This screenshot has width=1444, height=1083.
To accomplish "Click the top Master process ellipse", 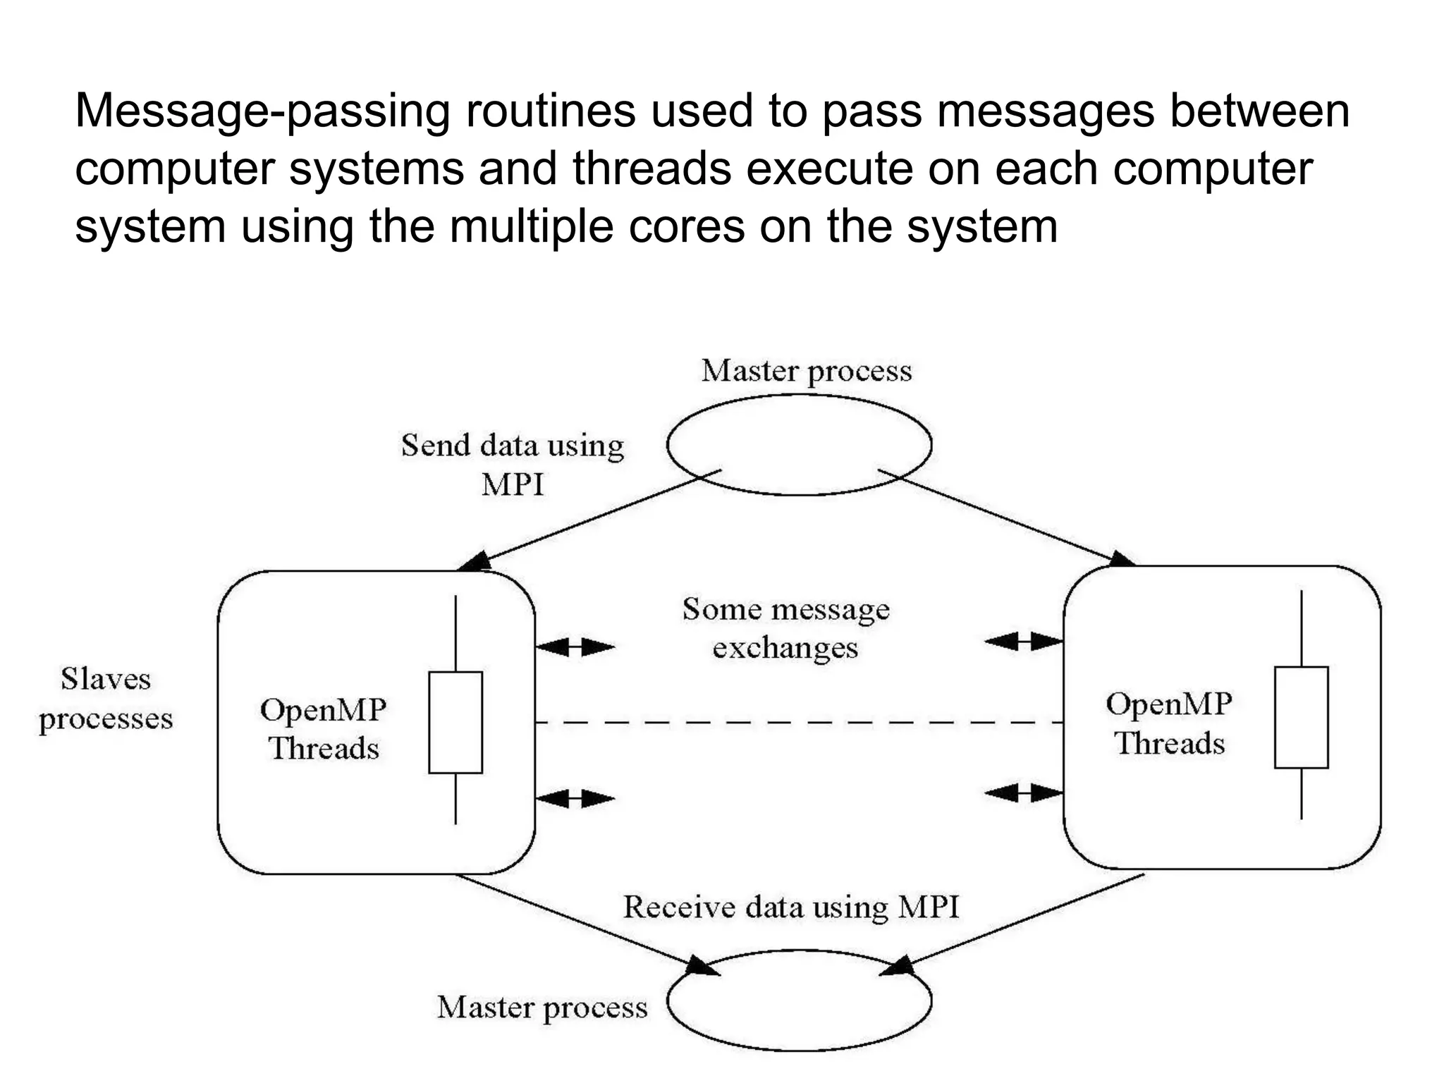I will point(799,444).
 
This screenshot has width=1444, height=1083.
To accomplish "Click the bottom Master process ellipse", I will point(799,1000).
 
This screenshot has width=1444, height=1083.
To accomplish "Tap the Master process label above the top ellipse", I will point(806,371).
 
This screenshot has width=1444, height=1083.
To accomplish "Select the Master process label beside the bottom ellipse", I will point(541,1008).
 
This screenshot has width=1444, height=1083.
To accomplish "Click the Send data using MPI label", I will point(513,464).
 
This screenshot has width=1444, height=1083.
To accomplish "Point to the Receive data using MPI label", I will point(790,907).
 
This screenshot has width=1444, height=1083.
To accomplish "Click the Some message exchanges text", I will point(785,628).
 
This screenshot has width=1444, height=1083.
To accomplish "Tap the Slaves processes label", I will point(106,699).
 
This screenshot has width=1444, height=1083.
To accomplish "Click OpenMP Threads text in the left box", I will point(323,728).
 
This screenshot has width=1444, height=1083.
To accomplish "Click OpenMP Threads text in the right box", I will point(1168,723).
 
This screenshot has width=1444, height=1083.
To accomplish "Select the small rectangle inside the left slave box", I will point(455,722).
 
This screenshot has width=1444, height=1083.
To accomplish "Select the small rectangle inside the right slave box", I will point(1301,717).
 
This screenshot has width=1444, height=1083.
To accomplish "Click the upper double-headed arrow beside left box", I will point(575,646).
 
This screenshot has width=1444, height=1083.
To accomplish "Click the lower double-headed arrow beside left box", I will point(575,799).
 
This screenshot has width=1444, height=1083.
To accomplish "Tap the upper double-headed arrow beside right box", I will point(1024,641).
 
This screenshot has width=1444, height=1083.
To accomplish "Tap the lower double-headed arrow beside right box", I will point(1024,794).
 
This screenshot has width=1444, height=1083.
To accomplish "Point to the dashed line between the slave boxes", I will point(799,723).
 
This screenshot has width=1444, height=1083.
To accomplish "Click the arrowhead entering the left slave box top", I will point(474,563).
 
